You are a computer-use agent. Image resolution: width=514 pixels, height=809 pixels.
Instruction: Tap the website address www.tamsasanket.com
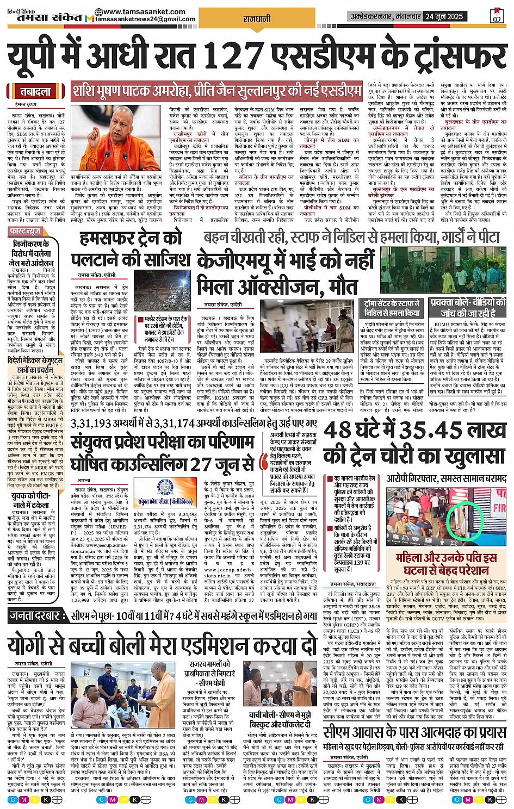[144, 11]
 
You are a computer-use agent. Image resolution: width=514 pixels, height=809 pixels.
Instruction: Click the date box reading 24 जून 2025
[444, 16]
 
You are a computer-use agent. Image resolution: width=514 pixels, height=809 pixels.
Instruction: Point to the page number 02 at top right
[496, 18]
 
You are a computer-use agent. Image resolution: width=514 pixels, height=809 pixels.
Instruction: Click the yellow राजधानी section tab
[257, 19]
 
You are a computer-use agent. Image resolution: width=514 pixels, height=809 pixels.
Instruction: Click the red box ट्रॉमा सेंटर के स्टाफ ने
[392, 308]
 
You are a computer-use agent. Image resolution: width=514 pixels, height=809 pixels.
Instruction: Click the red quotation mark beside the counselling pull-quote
[264, 462]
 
